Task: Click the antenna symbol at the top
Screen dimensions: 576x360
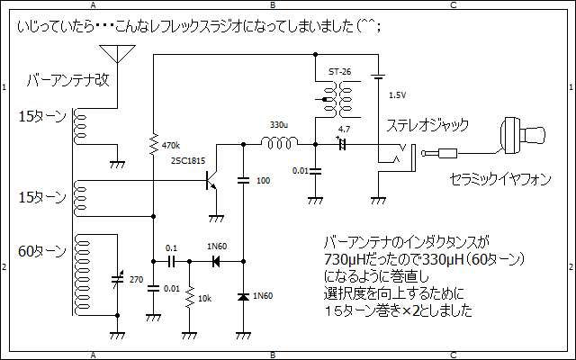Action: click(117, 54)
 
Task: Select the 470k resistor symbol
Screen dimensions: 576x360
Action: click(154, 144)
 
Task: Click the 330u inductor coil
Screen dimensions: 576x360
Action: click(279, 142)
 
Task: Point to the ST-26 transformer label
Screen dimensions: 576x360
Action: click(339, 72)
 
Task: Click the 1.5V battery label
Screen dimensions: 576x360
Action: click(398, 95)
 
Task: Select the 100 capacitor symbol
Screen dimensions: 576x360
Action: click(243, 180)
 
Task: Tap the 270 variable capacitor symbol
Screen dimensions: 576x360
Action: click(118, 280)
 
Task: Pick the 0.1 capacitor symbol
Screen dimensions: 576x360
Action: click(172, 262)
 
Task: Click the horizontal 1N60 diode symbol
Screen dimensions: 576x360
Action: click(216, 262)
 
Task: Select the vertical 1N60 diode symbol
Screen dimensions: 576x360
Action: click(243, 296)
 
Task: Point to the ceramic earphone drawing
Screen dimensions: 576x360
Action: click(523, 136)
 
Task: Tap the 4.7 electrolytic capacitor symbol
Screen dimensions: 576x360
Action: click(342, 144)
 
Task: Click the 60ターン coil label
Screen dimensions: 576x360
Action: click(42, 252)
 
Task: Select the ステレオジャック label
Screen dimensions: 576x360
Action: click(427, 125)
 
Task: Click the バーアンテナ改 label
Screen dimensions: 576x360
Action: click(68, 80)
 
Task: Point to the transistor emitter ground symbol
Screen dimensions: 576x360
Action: click(216, 219)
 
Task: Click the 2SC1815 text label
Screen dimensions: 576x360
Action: click(188, 161)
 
